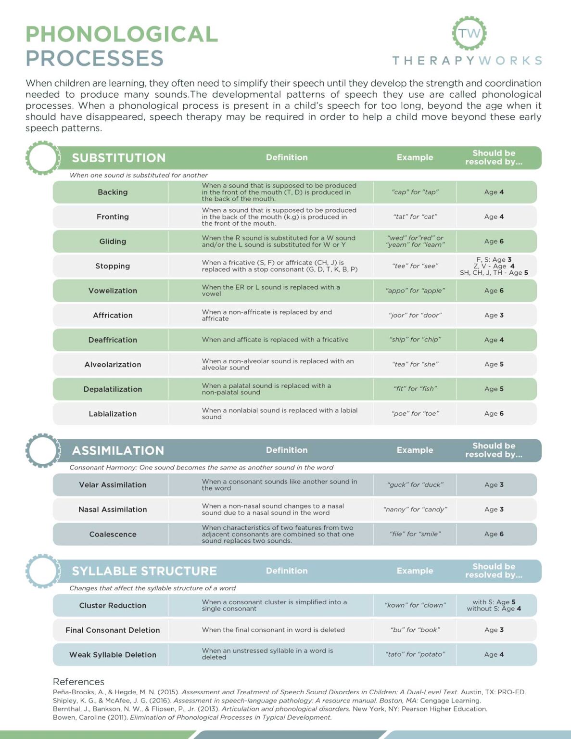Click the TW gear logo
[469, 33]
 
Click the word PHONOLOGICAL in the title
[122, 35]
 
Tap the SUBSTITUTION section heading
[118, 158]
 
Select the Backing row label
[113, 192]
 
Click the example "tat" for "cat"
[415, 217]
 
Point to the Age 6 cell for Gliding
[494, 242]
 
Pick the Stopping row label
[113, 266]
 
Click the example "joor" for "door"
[415, 315]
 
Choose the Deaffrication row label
[113, 340]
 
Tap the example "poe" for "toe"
[415, 414]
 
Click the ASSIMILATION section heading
[118, 450]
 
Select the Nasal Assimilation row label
[113, 510]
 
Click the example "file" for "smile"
[415, 534]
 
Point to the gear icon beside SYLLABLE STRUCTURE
[43, 571]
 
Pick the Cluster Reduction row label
[113, 606]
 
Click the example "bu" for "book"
[415, 630]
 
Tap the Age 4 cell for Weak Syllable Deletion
[494, 654]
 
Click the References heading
[78, 682]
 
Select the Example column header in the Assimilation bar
[415, 450]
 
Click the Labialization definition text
[279, 414]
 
